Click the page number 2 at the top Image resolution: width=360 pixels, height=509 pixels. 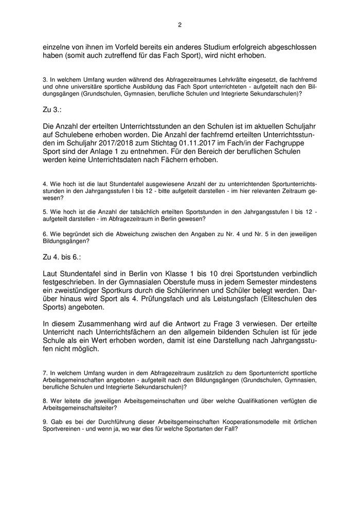pos(179,24)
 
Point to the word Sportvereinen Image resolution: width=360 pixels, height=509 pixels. pos(63,429)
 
